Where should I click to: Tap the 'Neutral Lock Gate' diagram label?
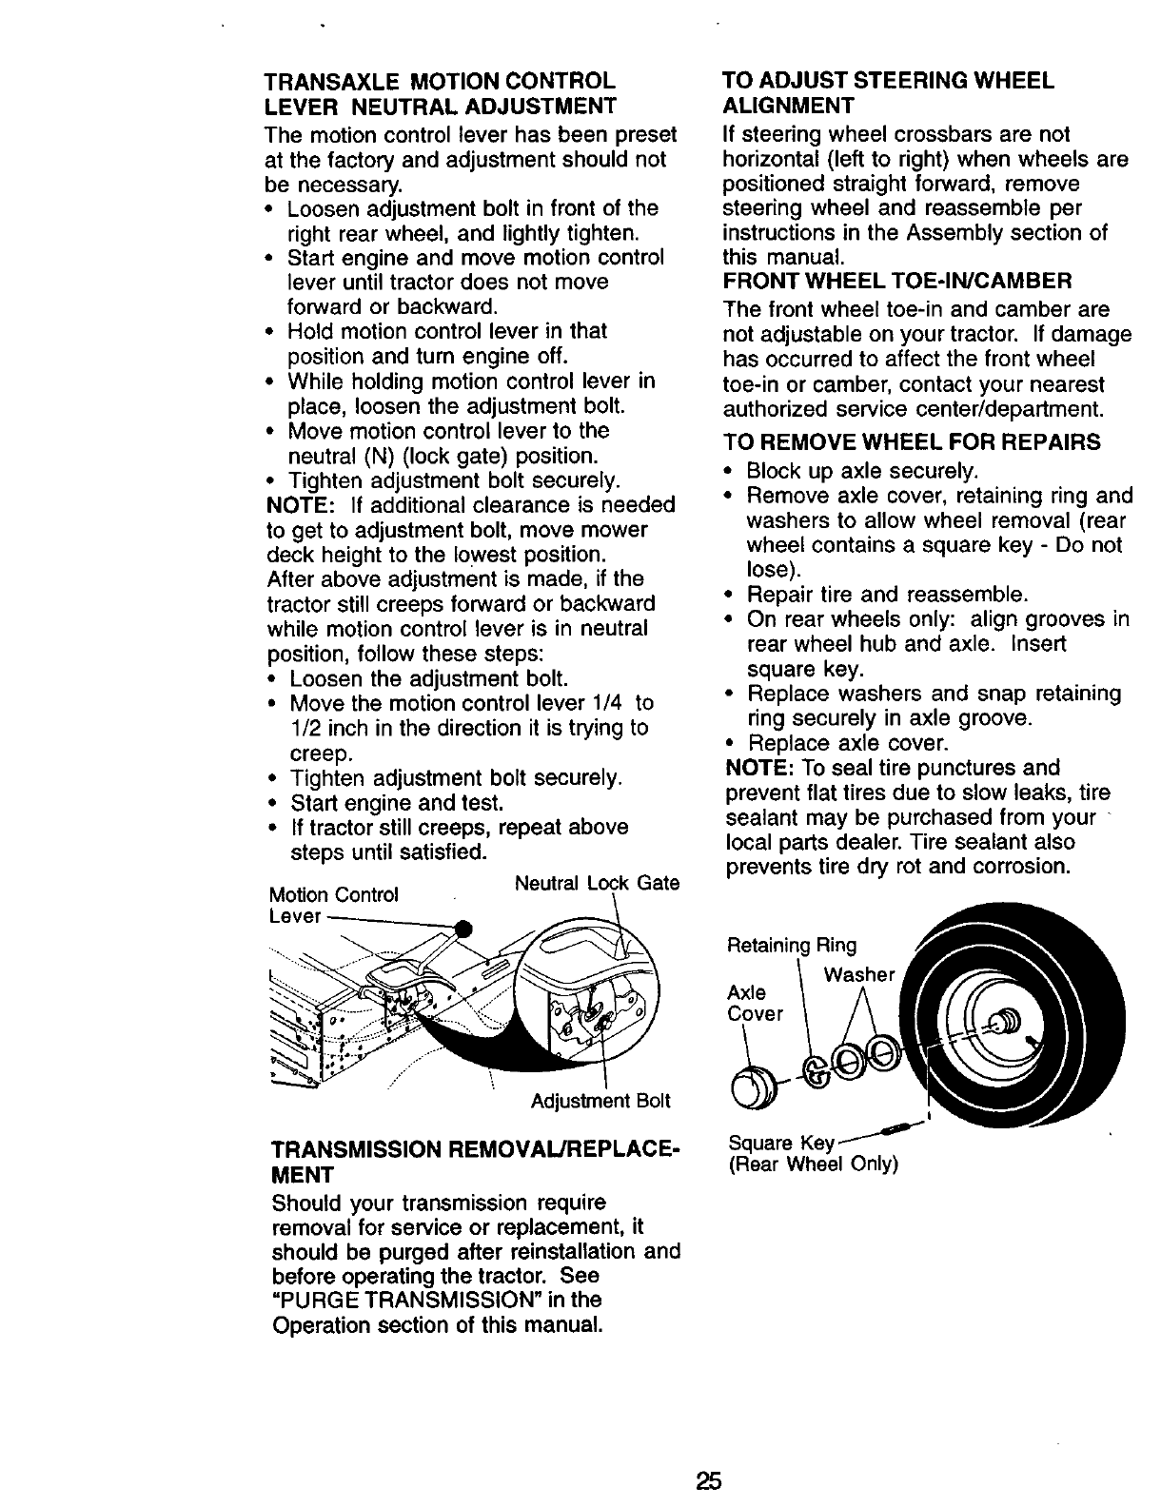click(x=597, y=884)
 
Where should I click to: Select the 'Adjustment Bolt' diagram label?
click(x=600, y=1101)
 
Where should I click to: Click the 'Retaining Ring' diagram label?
click(x=791, y=946)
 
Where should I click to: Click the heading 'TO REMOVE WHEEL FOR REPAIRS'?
click(x=912, y=442)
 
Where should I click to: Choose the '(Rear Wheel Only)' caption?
click(x=813, y=1164)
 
